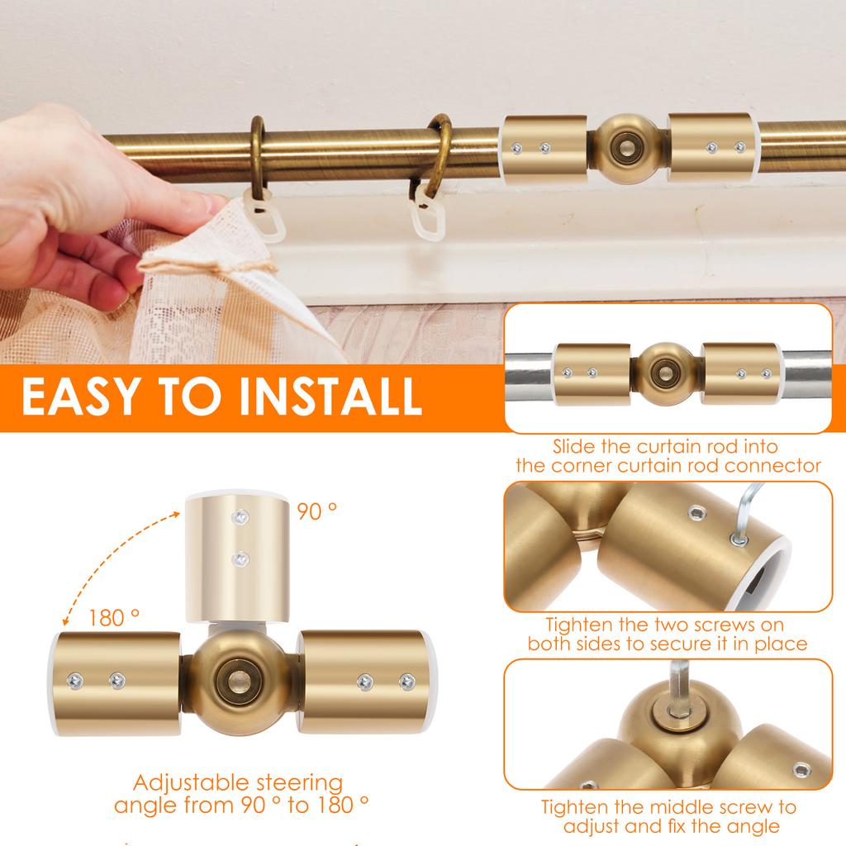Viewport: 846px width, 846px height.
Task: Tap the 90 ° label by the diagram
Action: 317,511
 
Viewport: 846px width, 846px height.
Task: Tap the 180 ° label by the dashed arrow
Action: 113,617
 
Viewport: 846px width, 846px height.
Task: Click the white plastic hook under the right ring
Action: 430,211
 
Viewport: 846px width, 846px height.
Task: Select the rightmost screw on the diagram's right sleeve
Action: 406,681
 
